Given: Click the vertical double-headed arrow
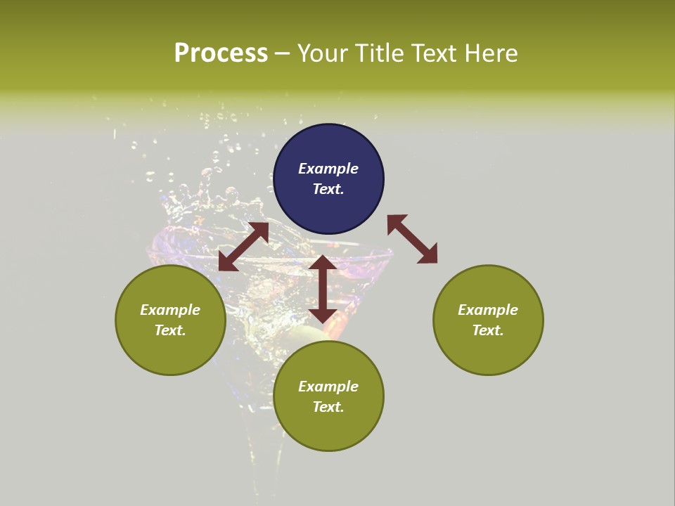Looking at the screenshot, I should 323,289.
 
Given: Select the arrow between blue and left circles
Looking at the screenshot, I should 243,247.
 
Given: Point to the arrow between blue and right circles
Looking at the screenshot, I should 412,239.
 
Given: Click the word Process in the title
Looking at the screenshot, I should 221,53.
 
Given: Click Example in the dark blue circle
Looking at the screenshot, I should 328,169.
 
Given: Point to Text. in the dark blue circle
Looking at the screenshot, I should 328,189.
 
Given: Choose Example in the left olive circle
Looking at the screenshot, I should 170,310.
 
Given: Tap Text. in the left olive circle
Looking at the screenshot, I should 170,330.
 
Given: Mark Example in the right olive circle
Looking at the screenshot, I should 488,310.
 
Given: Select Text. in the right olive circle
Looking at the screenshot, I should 488,330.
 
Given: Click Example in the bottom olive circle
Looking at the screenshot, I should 328,387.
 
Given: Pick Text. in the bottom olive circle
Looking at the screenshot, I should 328,407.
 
